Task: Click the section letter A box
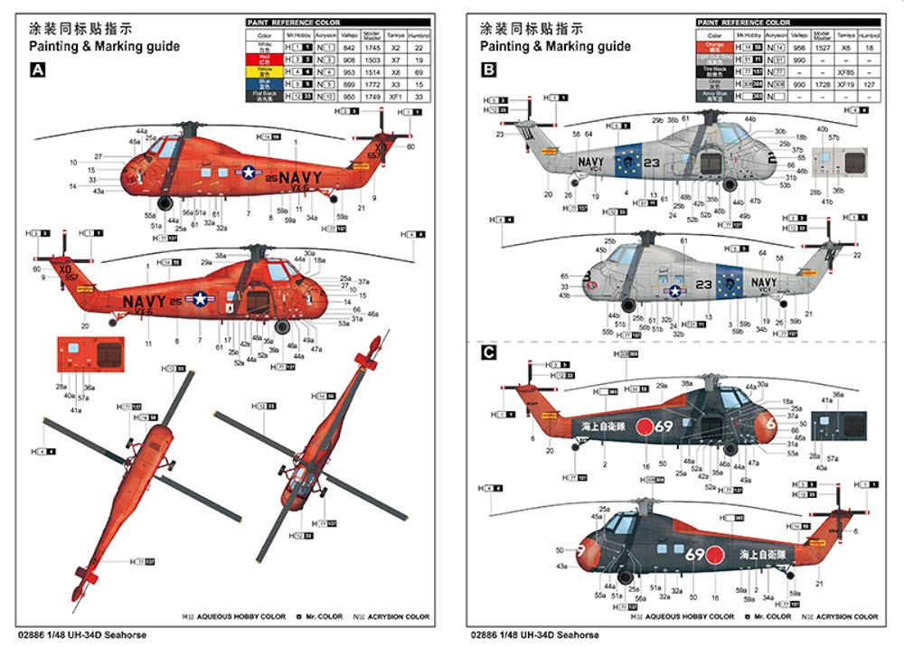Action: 39,70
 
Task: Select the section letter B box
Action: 489,70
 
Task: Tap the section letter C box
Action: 489,352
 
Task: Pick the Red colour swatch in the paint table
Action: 265,58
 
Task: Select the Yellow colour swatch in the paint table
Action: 265,70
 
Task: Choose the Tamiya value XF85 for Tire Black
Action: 847,70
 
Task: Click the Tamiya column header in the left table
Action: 394,34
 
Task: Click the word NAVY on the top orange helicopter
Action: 299,178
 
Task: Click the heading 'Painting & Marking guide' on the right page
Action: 555,46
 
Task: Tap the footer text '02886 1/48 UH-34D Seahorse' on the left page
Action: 80,634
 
